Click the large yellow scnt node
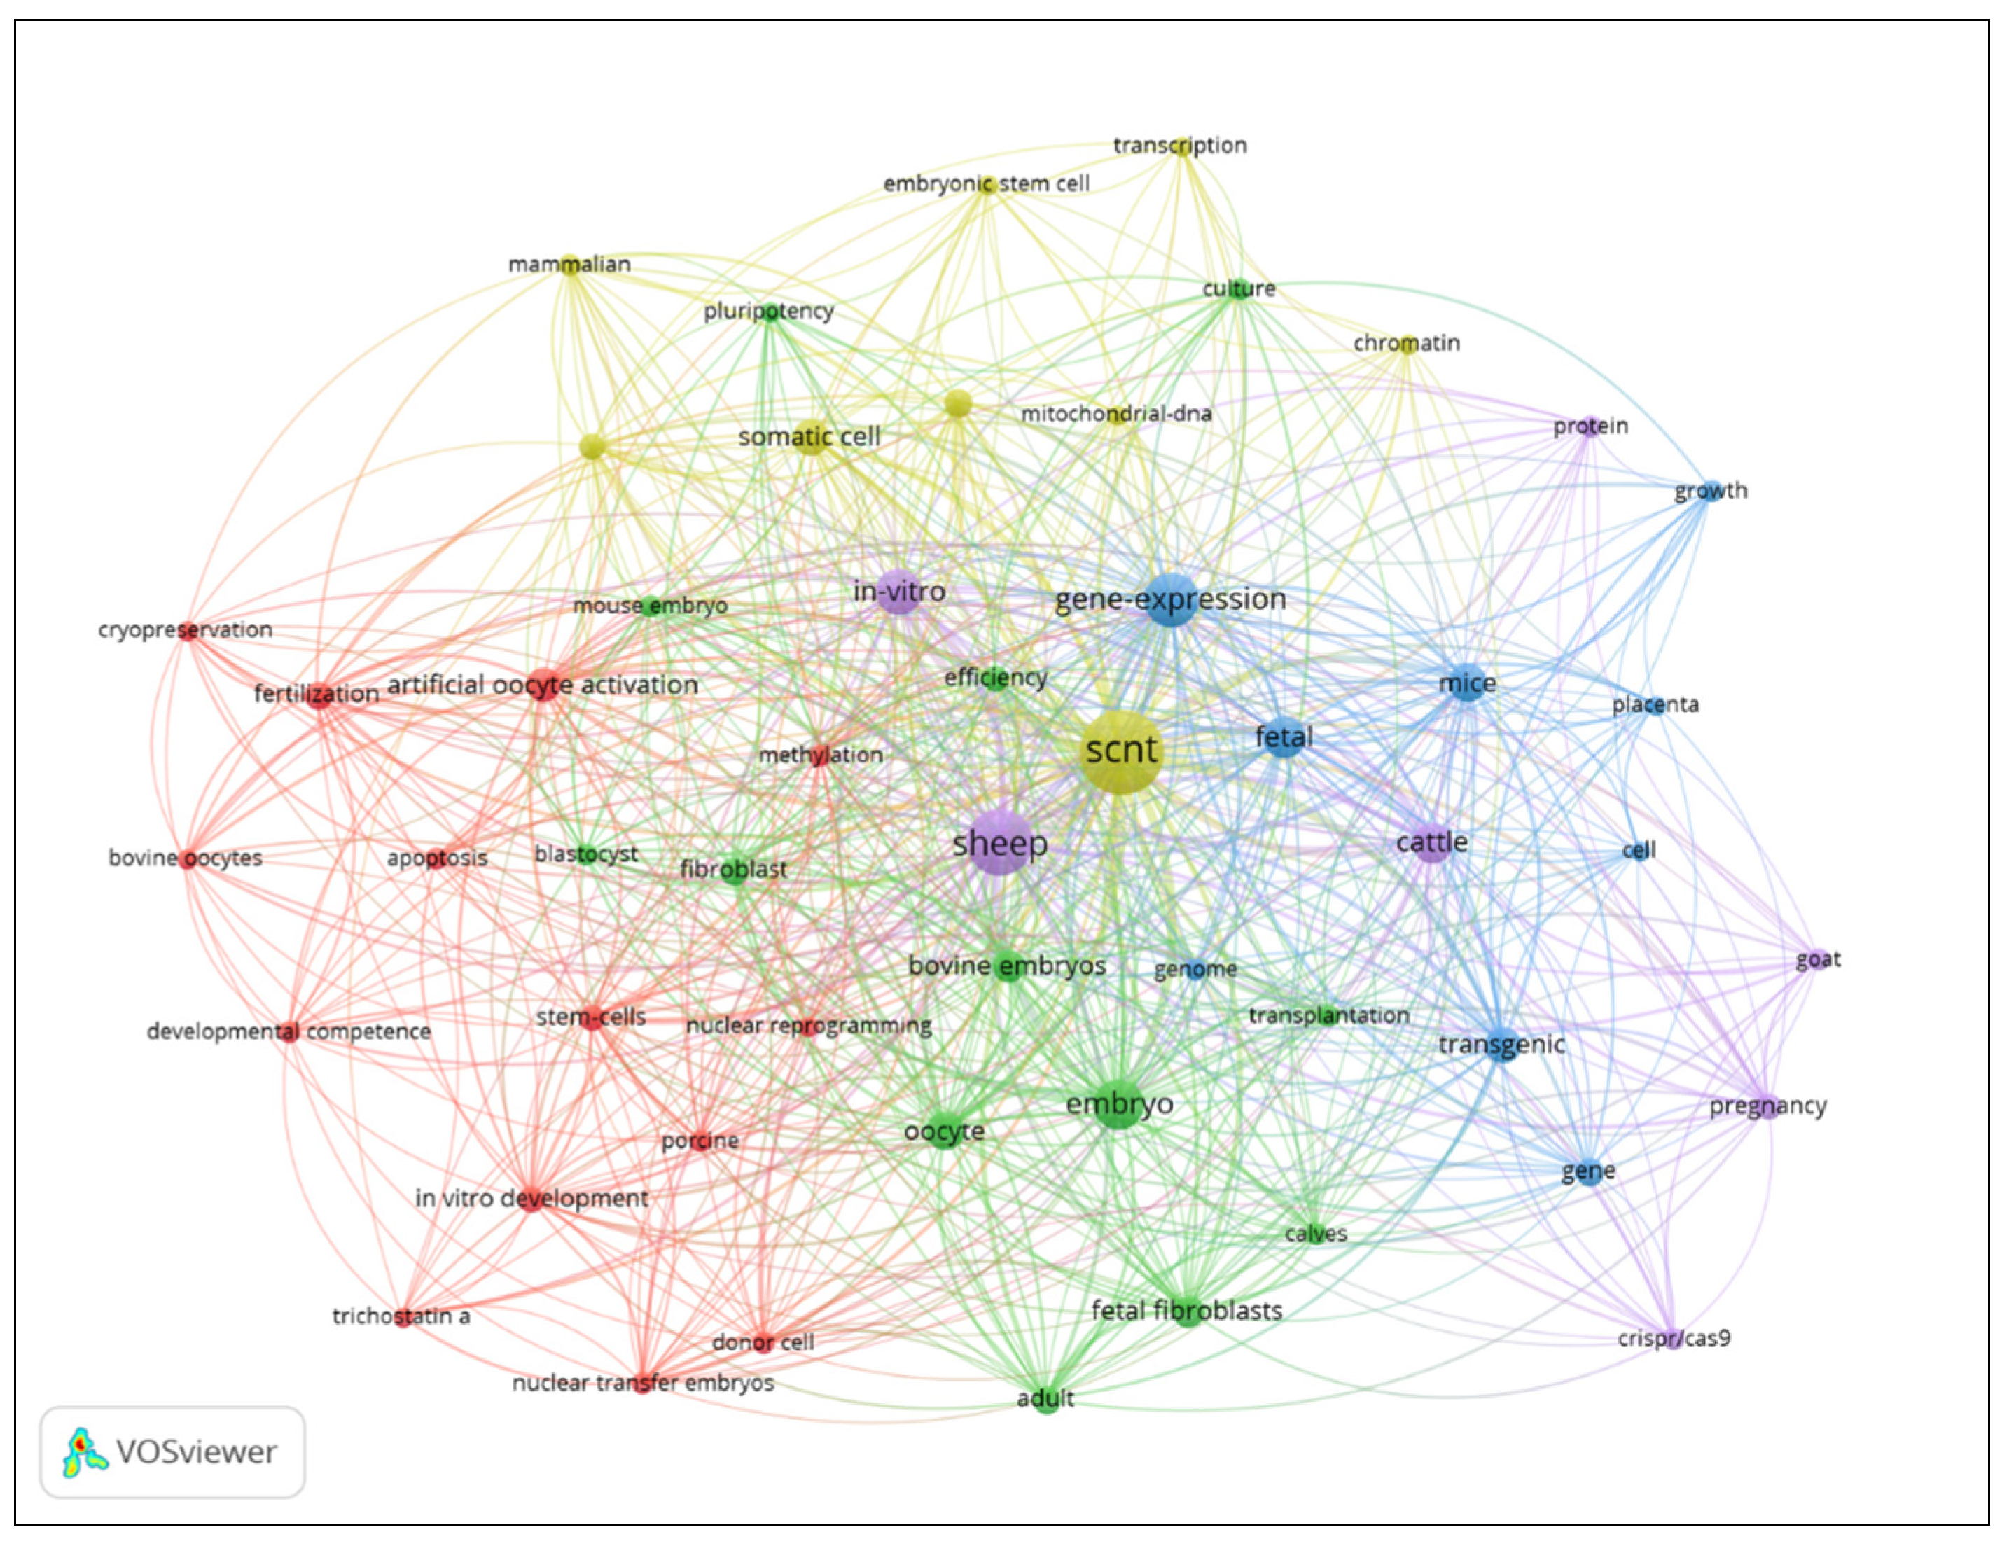(1120, 751)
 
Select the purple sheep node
(999, 842)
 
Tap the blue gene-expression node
(1172, 600)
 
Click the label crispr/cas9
(1674, 1339)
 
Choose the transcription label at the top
(1180, 146)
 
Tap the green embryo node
(1118, 1105)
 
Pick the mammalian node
(570, 265)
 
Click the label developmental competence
(289, 1032)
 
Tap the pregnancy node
(1768, 1108)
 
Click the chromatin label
(1406, 344)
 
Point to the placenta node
(1654, 706)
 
